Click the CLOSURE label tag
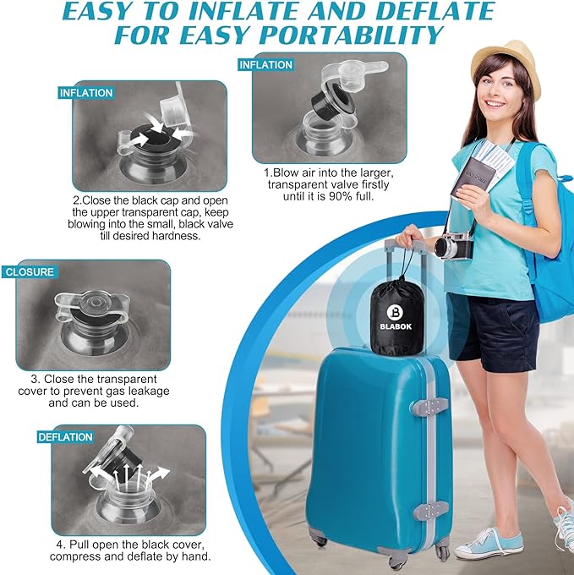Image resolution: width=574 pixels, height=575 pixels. tap(30, 271)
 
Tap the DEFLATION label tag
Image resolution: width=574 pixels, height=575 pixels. tap(65, 437)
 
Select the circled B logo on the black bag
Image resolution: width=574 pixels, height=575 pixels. tap(395, 312)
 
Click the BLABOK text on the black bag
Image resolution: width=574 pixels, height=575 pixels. tap(396, 326)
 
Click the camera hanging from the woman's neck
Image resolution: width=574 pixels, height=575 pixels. tap(454, 246)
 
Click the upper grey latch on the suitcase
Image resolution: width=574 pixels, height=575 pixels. tap(430, 405)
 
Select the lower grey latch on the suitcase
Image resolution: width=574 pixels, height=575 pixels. tap(430, 509)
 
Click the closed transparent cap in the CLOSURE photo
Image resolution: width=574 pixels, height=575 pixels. tap(92, 304)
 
